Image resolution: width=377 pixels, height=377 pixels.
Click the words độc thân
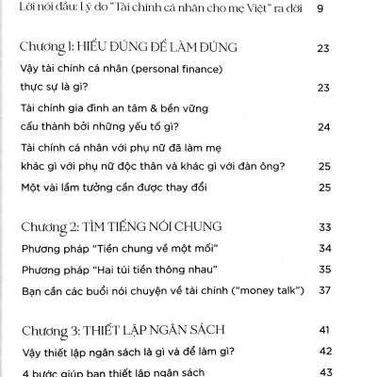pos(223,167)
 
